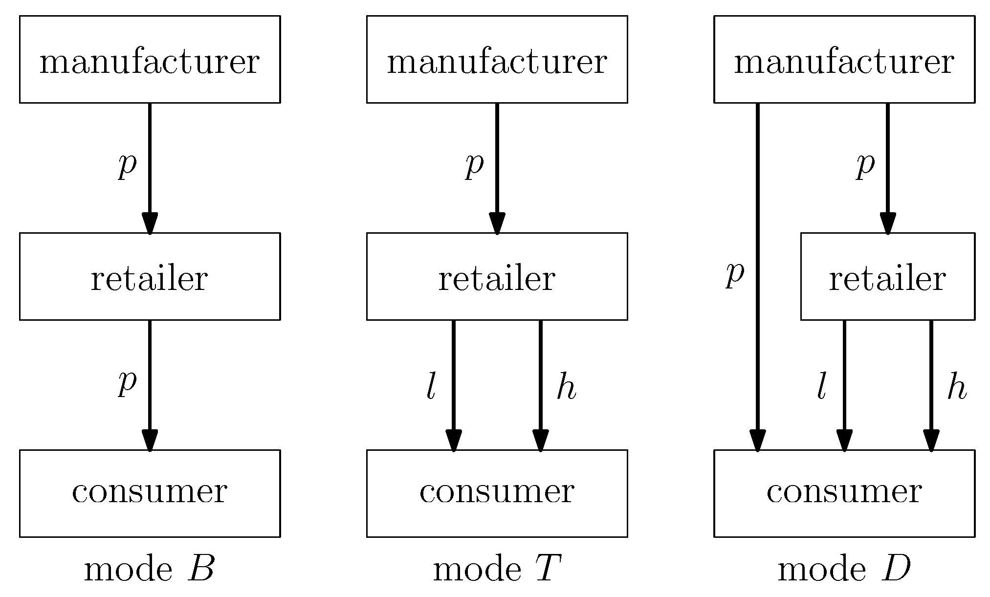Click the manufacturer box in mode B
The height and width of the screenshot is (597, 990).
(150, 59)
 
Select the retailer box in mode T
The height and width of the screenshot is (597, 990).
(497, 276)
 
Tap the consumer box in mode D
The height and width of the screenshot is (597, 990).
(844, 493)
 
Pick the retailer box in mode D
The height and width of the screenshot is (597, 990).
(887, 276)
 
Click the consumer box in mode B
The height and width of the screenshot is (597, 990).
(150, 493)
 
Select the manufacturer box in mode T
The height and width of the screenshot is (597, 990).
(497, 59)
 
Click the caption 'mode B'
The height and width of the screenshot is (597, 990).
(150, 570)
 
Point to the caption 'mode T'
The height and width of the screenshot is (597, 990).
(497, 570)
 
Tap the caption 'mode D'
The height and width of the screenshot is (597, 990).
(844, 570)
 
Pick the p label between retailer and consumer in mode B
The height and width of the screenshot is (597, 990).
(127, 382)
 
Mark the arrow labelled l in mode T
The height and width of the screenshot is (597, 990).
(454, 381)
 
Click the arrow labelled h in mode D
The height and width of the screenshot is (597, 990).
(931, 381)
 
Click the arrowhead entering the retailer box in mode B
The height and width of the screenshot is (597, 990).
(150, 223)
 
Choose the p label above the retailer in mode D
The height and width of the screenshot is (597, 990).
(865, 165)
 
